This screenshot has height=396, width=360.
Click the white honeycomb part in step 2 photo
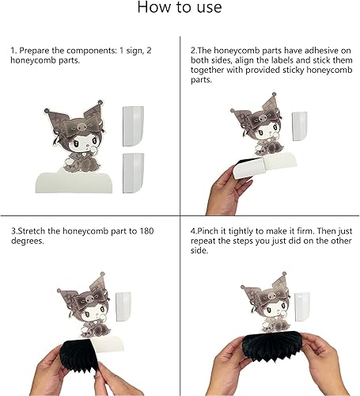click(x=299, y=125)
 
